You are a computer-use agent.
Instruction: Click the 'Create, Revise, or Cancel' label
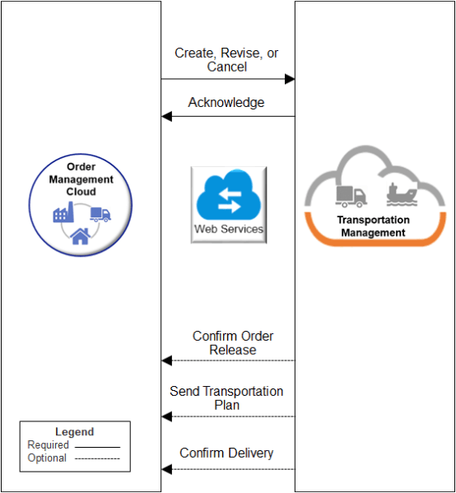click(226, 59)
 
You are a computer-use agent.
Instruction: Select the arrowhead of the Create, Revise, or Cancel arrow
click(290, 79)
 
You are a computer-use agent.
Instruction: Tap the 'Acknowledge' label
click(226, 103)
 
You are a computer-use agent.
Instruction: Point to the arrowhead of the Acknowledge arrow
click(166, 116)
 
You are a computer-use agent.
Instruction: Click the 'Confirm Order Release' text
click(233, 342)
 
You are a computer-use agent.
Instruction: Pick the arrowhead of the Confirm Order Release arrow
click(166, 360)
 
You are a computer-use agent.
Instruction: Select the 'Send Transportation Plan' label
click(226, 398)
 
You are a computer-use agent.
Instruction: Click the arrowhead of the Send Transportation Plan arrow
click(166, 416)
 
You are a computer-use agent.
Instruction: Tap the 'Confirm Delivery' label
click(226, 453)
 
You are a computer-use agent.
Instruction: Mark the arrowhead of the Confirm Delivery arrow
click(166, 469)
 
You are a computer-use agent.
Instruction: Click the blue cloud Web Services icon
click(228, 197)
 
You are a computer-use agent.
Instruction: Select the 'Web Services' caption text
click(229, 229)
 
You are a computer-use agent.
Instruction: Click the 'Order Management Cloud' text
click(81, 179)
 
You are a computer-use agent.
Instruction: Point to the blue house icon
click(80, 237)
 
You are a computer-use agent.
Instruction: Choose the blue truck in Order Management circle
click(100, 214)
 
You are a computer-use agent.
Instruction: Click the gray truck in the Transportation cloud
click(351, 196)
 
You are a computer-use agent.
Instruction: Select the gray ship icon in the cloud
click(402, 194)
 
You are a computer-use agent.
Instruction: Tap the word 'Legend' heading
click(75, 431)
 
